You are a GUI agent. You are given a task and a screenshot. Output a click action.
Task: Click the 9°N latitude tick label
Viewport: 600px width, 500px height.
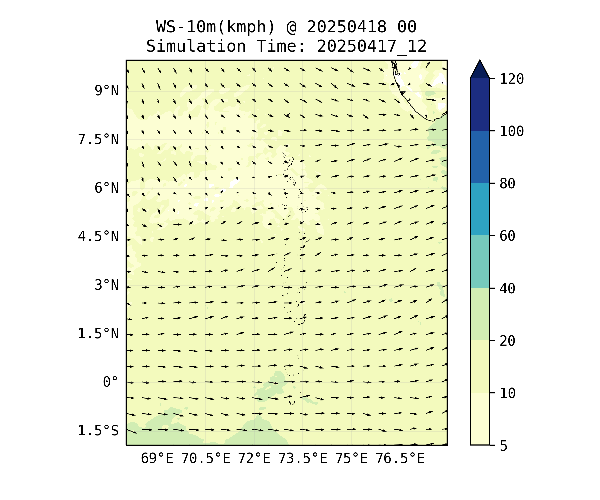point(106,91)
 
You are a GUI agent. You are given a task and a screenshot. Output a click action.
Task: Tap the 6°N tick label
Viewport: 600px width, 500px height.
point(106,188)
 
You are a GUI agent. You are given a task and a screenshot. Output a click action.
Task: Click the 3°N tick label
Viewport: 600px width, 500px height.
point(106,285)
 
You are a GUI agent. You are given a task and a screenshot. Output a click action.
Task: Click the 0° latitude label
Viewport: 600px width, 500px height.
point(110,382)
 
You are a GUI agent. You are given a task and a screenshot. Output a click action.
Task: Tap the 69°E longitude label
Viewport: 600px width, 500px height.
point(157,459)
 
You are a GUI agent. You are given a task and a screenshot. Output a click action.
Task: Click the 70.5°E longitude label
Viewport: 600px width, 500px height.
point(206,459)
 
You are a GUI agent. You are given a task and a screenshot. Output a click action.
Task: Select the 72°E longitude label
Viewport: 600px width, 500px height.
point(254,459)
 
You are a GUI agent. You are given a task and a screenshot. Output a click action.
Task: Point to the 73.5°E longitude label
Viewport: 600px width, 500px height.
point(303,459)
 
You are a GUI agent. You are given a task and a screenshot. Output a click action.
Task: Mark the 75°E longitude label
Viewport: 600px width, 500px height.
point(351,459)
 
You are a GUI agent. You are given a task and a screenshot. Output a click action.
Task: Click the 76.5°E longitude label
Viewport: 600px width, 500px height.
point(400,459)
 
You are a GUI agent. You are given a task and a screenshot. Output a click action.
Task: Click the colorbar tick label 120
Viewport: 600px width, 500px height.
point(512,79)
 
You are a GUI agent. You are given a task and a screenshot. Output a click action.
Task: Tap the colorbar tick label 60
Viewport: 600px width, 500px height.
point(507,236)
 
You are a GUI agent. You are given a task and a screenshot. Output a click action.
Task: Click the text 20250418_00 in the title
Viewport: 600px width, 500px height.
point(361,27)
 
